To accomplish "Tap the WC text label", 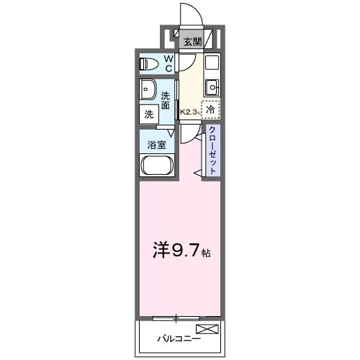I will tap(168, 63).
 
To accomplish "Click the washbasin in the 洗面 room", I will tap(149, 91).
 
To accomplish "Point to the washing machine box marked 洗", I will tap(148, 114).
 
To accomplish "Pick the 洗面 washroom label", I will tap(166, 100).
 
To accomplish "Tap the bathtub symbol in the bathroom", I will tap(156, 166).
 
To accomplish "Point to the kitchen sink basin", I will tap(212, 88).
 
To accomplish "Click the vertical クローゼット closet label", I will tap(212, 149).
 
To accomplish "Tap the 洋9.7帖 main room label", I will tap(179, 251).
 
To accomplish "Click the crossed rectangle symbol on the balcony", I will tap(206, 329).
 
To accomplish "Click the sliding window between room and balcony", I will tap(177, 318).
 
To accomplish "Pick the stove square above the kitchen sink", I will tap(212, 63).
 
